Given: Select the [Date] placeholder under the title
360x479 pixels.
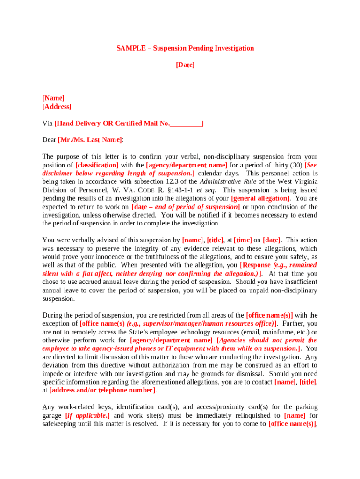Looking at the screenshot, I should coord(185,65).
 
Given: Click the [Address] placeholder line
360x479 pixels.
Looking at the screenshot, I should coord(57,107).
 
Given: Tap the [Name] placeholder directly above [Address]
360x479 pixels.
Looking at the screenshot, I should coord(53,98).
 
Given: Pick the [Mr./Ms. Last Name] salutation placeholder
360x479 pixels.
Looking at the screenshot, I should coord(90,140).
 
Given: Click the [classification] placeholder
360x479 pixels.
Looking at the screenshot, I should coord(97,165).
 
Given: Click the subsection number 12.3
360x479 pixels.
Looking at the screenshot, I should coord(180,182).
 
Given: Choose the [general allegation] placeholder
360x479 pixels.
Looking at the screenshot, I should coord(260,199).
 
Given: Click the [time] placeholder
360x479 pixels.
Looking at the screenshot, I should coord(243,240).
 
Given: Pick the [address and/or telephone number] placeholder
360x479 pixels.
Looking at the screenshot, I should coord(102,391).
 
